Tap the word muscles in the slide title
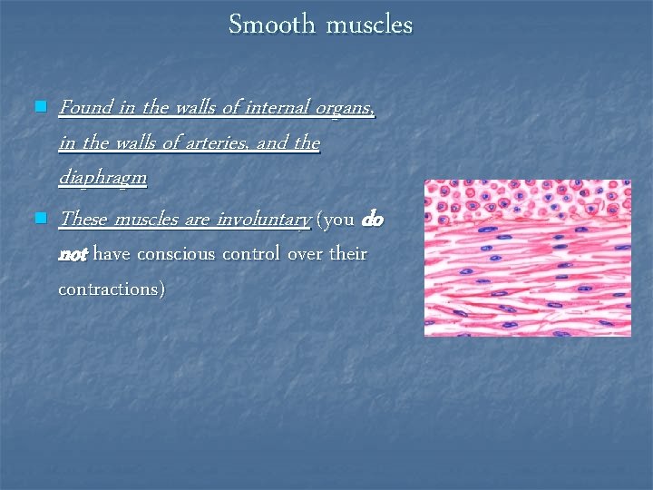pyautogui.click(x=369, y=24)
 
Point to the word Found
pyautogui.click(x=85, y=107)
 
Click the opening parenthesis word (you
pyautogui.click(x=336, y=220)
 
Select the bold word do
pyautogui.click(x=372, y=219)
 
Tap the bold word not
pyautogui.click(x=73, y=255)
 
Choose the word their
pyautogui.click(x=347, y=255)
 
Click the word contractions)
pyautogui.click(x=112, y=289)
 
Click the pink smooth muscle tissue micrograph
pyautogui.click(x=527, y=258)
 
